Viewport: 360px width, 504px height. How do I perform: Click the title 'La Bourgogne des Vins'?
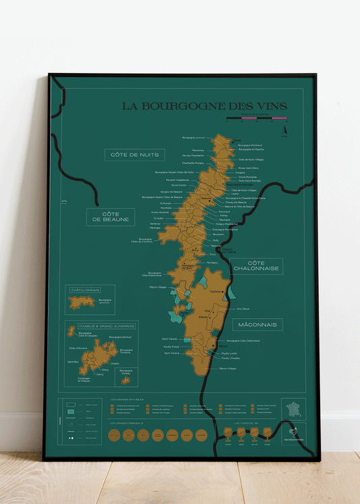coord(204,106)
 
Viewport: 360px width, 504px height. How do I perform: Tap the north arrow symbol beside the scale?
coord(285,130)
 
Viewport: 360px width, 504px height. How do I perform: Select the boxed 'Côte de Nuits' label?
coord(134,155)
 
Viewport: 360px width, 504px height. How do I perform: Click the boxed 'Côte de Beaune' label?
coord(110,217)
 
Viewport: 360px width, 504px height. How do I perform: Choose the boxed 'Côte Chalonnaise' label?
coord(256,266)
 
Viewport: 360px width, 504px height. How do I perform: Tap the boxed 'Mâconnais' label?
coord(257,325)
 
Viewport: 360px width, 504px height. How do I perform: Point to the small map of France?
coord(294,409)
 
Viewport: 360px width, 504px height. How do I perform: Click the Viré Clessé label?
coord(242,308)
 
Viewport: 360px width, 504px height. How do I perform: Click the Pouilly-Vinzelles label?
coord(230,358)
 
